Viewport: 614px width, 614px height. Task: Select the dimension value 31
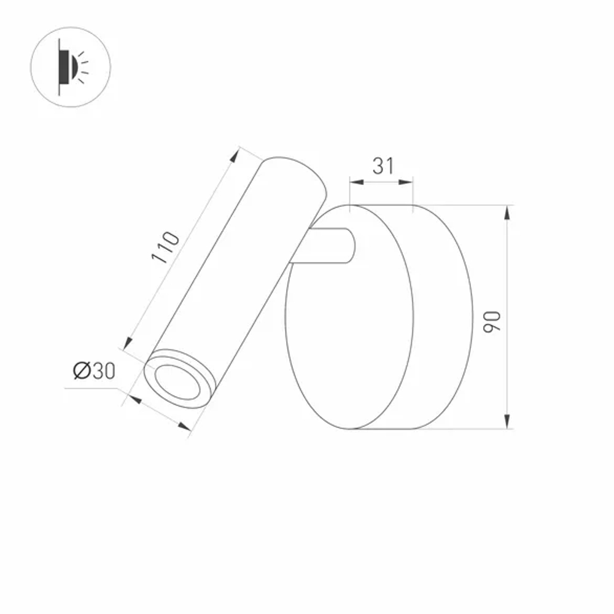tap(383, 166)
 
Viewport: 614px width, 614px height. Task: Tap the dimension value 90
tap(492, 321)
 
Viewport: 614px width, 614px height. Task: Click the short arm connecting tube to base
tap(328, 246)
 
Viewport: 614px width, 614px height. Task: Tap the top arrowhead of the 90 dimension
tap(507, 212)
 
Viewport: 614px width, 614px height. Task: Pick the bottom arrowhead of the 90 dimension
tap(507, 422)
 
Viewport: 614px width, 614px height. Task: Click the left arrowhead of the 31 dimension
tap(355, 182)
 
